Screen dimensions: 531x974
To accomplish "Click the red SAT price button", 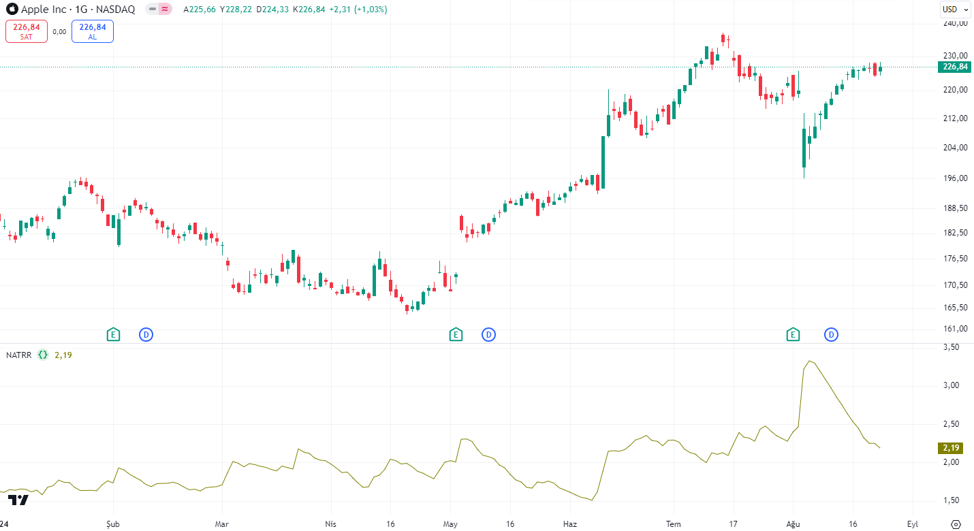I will (27, 31).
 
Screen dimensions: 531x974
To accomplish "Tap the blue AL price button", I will (93, 31).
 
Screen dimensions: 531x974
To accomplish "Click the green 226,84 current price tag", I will (954, 67).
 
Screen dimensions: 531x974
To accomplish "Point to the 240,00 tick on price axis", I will (955, 23).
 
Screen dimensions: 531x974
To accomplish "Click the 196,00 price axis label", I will (955, 178).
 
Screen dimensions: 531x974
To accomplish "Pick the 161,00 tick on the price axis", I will (955, 329).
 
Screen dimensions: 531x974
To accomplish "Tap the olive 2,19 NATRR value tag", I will (952, 448).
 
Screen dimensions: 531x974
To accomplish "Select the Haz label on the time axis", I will (570, 524).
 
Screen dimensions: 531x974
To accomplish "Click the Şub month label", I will (113, 524).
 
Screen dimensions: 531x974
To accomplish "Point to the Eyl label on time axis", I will (912, 524).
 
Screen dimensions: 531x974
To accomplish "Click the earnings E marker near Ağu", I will (792, 334).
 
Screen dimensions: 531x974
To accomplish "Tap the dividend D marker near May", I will (488, 334).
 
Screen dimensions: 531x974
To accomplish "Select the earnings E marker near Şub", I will (113, 334).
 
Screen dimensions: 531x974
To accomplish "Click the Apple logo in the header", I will (12, 10).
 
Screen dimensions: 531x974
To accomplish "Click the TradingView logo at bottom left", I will (18, 500).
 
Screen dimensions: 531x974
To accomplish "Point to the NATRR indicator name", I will (18, 355).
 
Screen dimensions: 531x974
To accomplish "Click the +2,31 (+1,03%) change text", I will (358, 10).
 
